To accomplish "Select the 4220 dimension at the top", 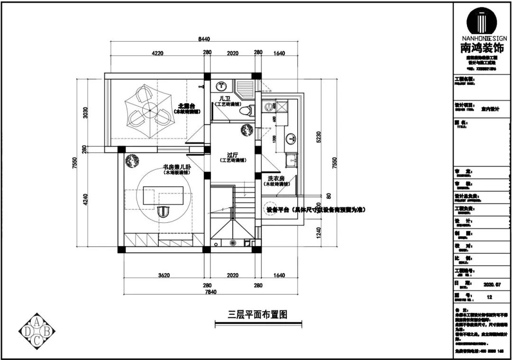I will coord(157,54).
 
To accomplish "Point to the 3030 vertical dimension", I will coord(86,112).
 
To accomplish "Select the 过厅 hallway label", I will coord(232,155).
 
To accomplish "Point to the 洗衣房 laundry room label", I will coord(276,178).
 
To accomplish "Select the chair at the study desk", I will coord(163,211).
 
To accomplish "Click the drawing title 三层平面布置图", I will coord(257,314).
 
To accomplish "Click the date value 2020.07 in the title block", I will coord(492,285).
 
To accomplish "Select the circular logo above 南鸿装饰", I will coord(482,21).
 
